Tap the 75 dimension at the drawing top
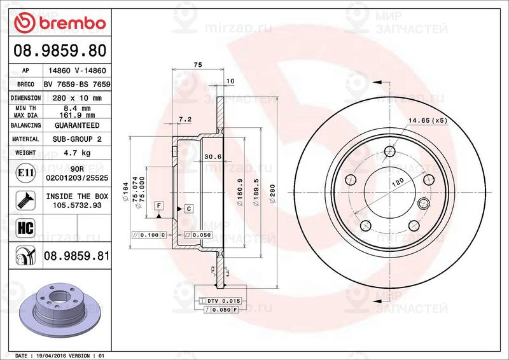[198, 65]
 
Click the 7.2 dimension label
[185, 119]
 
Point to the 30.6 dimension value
[212, 157]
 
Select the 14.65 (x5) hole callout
[428, 120]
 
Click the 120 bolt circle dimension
[398, 183]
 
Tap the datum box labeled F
[159, 205]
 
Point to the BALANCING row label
[25, 126]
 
